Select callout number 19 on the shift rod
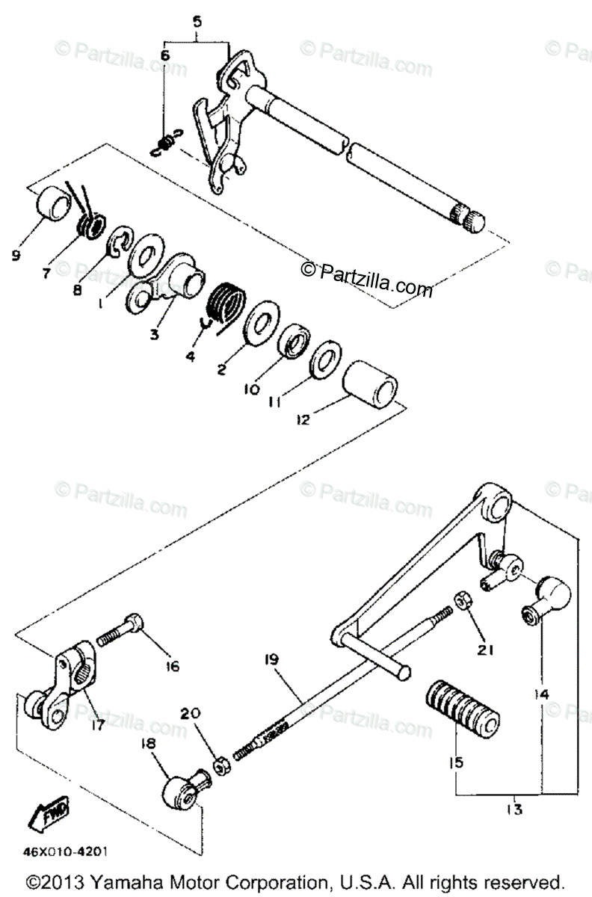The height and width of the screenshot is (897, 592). [271, 659]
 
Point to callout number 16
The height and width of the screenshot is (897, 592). [173, 666]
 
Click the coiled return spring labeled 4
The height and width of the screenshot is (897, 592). [225, 303]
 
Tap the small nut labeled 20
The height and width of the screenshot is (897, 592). [221, 765]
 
